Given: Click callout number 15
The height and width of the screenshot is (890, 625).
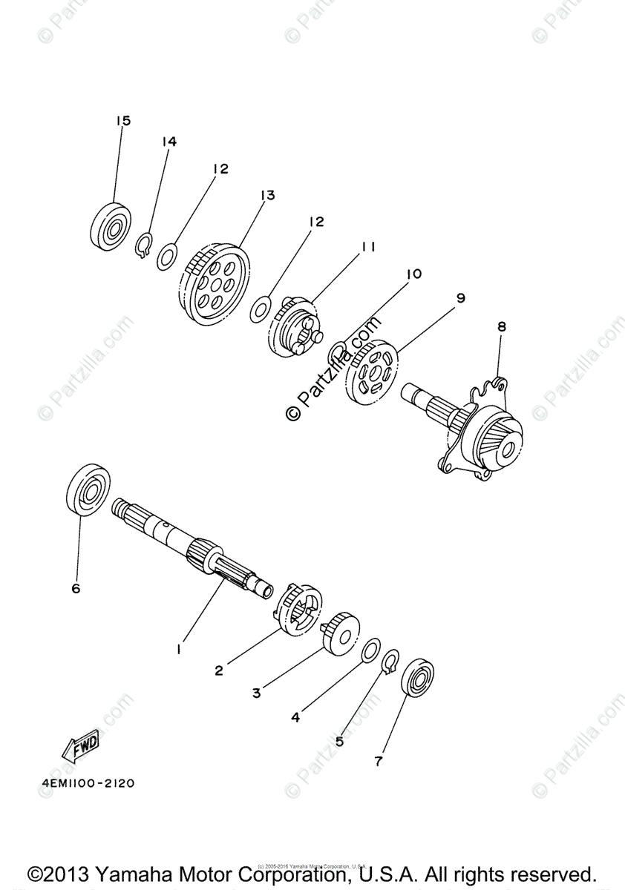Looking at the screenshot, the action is coord(122,120).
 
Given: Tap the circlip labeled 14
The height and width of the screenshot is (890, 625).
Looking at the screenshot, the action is coord(145,245).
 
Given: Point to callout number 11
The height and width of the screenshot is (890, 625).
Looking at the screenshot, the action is coord(367,247).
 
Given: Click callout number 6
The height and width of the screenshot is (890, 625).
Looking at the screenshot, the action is coord(76,589).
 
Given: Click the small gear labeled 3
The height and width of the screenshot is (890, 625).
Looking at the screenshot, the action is coord(342,631).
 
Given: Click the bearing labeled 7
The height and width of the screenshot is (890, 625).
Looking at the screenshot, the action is coord(417,676).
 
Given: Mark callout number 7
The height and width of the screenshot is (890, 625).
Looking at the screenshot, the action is coord(379,761).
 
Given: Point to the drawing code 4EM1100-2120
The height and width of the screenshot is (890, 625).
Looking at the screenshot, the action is coord(83,783).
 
